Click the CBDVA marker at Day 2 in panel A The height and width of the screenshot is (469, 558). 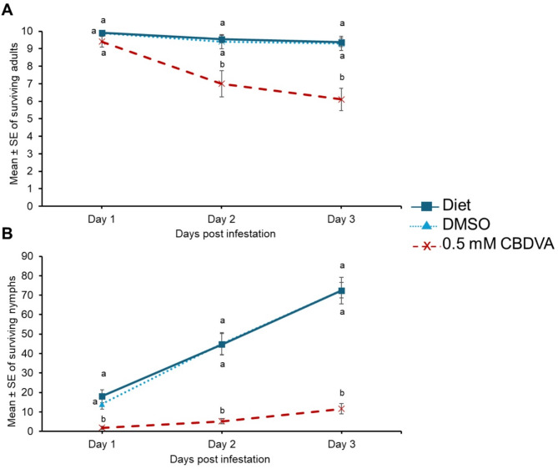pyautogui.click(x=221, y=83)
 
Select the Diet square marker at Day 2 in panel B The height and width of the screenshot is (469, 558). pyautogui.click(x=221, y=344)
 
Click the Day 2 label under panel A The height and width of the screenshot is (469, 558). pyautogui.click(x=221, y=219)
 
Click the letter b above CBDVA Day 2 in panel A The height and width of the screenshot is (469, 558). pyautogui.click(x=221, y=63)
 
